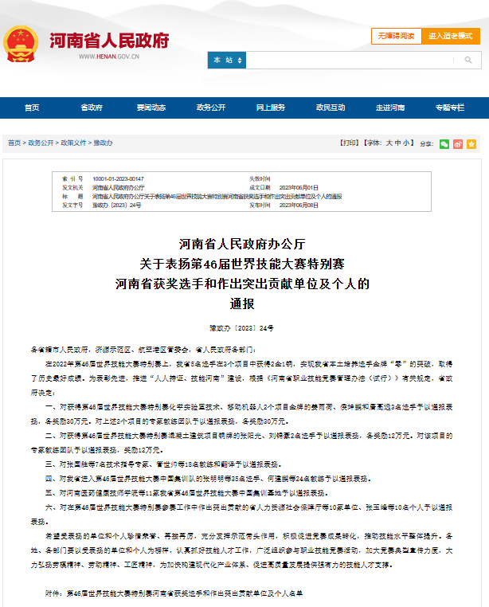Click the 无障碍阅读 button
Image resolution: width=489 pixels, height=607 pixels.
(396, 36)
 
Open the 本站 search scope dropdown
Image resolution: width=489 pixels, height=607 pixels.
(226, 61)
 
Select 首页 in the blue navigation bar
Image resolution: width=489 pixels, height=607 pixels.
(32, 108)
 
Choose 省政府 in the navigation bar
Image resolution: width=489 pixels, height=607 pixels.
(92, 108)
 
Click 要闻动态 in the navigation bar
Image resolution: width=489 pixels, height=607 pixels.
(151, 108)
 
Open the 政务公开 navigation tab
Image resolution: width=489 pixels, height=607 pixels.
(211, 108)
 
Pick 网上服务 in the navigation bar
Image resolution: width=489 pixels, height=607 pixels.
(271, 108)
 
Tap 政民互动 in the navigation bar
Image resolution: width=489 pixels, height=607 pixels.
(331, 108)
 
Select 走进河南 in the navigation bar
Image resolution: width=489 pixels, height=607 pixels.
(390, 108)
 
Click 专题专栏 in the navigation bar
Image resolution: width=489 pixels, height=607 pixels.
(450, 108)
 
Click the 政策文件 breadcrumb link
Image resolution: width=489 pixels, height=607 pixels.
(73, 143)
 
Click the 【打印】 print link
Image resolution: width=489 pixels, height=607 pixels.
(349, 143)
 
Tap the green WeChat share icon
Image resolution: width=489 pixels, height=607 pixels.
(444, 144)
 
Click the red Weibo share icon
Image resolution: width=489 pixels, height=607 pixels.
(457, 144)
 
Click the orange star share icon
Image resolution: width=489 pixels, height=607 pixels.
(471, 144)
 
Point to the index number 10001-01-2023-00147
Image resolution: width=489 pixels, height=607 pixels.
(119, 178)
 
